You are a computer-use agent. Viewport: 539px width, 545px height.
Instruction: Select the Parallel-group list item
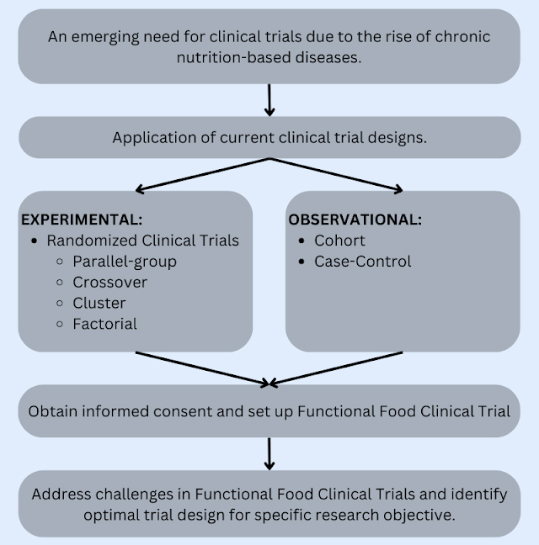pyautogui.click(x=125, y=261)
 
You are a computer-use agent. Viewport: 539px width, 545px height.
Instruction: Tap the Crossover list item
pyautogui.click(x=110, y=282)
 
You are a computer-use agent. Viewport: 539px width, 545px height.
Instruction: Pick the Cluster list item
pyautogui.click(x=99, y=303)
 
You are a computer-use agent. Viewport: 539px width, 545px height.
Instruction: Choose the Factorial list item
pyautogui.click(x=104, y=324)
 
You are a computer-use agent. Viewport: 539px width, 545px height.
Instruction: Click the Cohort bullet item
pyautogui.click(x=339, y=241)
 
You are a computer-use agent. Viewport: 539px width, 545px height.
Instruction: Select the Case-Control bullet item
pyautogui.click(x=363, y=262)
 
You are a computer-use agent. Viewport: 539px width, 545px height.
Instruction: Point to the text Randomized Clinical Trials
pyautogui.click(x=142, y=241)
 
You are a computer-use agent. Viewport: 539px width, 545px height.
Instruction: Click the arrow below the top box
pyautogui.click(x=269, y=99)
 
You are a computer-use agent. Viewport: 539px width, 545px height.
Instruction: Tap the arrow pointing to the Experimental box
pyautogui.click(x=202, y=174)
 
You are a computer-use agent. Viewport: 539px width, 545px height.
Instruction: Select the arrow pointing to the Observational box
pyautogui.click(x=337, y=174)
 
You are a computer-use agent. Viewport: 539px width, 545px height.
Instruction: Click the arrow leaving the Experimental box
pyautogui.click(x=202, y=368)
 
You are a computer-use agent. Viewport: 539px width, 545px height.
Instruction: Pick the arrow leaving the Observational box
pyautogui.click(x=337, y=368)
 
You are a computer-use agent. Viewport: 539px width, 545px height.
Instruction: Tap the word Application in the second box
pyautogui.click(x=151, y=137)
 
